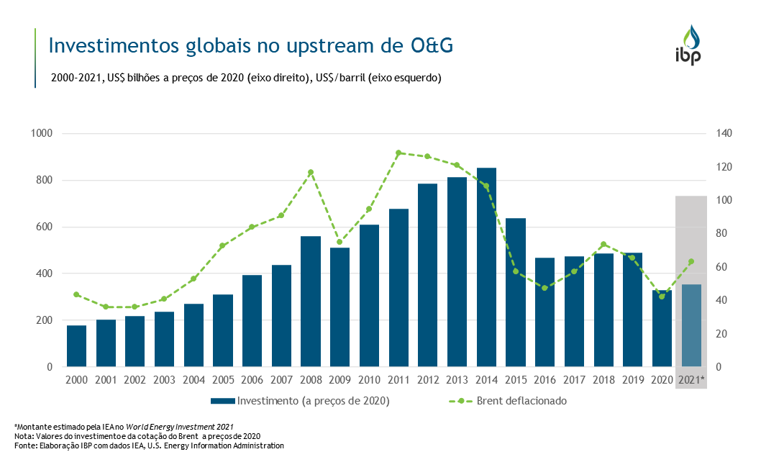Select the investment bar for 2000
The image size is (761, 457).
click(x=76, y=346)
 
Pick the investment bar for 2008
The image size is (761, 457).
click(x=311, y=302)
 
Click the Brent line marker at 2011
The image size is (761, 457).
click(x=398, y=153)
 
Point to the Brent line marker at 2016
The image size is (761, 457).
click(x=544, y=288)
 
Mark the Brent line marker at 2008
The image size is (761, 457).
click(x=311, y=172)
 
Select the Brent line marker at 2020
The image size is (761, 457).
click(x=662, y=297)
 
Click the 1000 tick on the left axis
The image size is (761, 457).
click(x=42, y=134)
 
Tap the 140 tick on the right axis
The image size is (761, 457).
click(x=724, y=134)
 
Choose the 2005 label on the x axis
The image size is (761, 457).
click(x=223, y=379)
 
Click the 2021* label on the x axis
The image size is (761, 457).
click(x=691, y=379)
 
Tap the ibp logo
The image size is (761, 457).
click(x=688, y=45)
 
